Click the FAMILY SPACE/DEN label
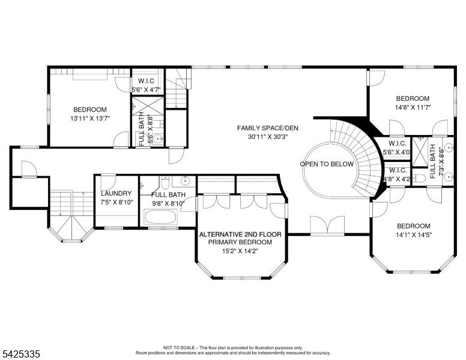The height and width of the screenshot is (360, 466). click(x=267, y=128)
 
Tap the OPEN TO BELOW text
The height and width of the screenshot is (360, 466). click(x=327, y=164)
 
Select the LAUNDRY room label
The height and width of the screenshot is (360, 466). click(x=116, y=193)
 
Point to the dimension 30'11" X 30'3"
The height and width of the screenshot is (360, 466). click(x=268, y=137)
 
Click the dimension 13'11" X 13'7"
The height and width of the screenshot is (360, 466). click(x=90, y=119)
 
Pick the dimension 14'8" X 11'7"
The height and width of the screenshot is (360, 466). click(x=413, y=107)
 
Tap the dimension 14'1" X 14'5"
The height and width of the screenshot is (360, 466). click(x=413, y=235)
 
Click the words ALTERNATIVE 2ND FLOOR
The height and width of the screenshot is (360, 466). click(x=240, y=235)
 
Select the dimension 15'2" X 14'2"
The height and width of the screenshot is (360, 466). click(x=240, y=251)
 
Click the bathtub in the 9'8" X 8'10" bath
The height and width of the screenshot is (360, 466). click(x=160, y=217)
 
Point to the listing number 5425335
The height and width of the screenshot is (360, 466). click(x=21, y=354)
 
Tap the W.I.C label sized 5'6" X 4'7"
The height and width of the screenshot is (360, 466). click(x=146, y=81)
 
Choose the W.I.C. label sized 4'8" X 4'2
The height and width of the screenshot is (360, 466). click(x=398, y=170)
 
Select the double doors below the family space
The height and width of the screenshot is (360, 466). click(x=327, y=225)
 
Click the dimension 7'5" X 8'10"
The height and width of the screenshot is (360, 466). click(x=116, y=202)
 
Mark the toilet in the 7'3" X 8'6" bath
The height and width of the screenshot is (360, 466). click(x=419, y=178)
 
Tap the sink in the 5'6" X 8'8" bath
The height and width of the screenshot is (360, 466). click(x=159, y=139)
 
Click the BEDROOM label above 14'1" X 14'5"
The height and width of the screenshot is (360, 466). click(x=413, y=226)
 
